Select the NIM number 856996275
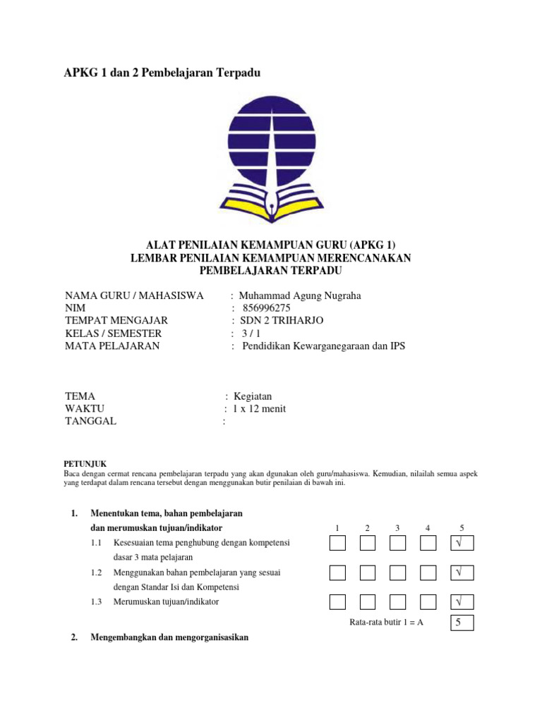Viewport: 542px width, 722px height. coord(266,308)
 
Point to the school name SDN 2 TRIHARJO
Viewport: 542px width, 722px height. coord(282,321)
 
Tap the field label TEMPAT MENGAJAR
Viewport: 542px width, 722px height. coord(116,321)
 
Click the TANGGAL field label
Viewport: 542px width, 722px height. coord(91,422)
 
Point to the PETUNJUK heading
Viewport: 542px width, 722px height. coord(85,463)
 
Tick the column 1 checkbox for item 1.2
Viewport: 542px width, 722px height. coord(337,573)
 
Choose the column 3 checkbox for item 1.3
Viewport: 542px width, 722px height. coord(398,602)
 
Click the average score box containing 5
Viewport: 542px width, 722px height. coord(462,623)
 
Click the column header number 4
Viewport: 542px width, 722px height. coord(428,528)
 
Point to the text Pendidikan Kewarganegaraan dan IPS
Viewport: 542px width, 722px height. coord(324,346)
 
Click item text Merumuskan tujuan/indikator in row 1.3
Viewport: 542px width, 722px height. coord(166,602)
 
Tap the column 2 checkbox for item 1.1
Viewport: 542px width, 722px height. coord(368,544)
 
